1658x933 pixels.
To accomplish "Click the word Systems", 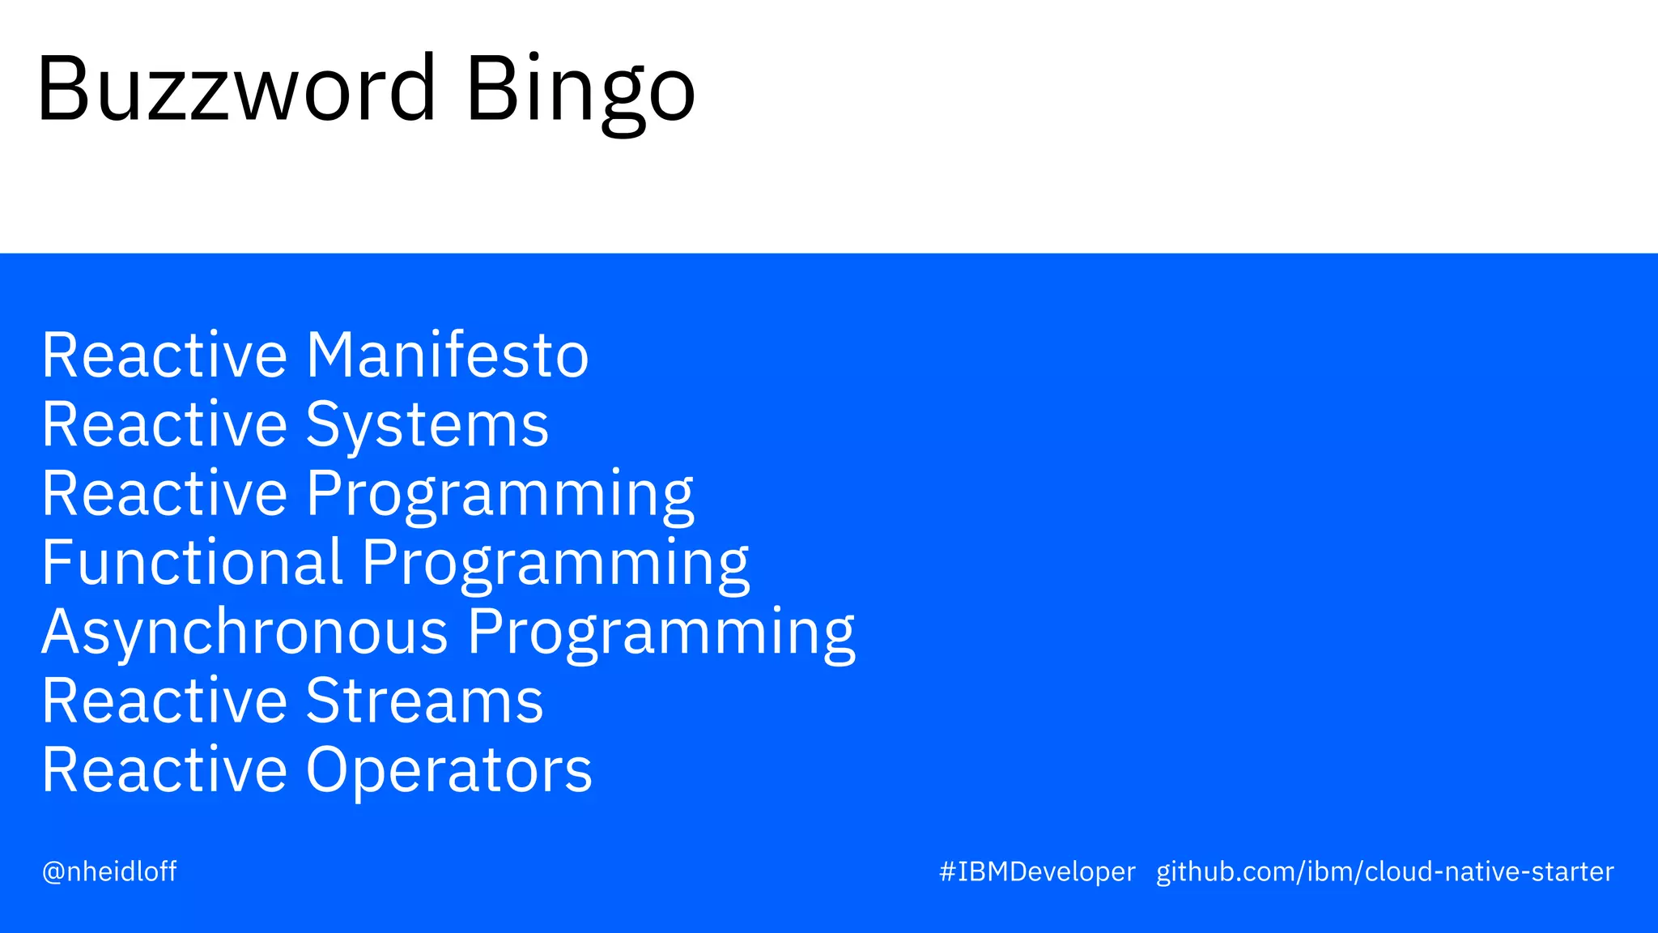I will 427,424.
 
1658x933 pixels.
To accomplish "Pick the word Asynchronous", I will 244,632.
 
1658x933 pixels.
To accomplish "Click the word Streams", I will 424,701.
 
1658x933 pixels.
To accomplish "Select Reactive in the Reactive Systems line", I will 164,424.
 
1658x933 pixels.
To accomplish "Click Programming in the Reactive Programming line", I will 500,494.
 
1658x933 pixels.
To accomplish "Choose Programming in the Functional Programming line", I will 555,563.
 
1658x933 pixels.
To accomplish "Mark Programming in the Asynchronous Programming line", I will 661,633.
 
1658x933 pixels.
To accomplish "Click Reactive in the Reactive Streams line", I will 164,701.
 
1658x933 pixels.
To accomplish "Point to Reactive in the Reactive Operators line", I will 164,770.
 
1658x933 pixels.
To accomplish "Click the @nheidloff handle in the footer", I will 109,871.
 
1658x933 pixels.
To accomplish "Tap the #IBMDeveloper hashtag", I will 1037,871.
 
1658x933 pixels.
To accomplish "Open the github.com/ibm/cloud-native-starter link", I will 1384,871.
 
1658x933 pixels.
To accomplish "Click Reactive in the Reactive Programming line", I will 164,493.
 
